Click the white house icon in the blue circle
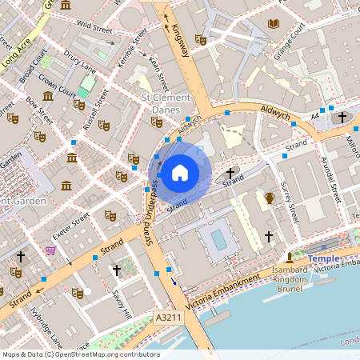click(x=180, y=171)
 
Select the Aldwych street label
click(x=273, y=113)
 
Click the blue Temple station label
click(x=323, y=259)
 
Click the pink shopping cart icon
click(x=51, y=250)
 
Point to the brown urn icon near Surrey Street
click(x=270, y=198)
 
